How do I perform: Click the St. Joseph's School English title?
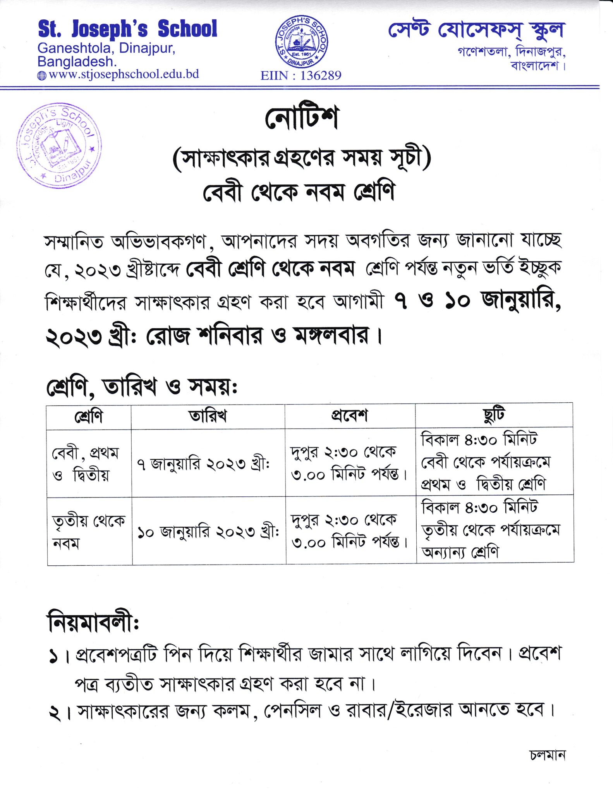pyautogui.click(x=127, y=29)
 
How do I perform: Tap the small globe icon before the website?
pyautogui.click(x=41, y=76)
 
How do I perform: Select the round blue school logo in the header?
pyautogui.click(x=301, y=42)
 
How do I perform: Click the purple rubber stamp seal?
pyautogui.click(x=59, y=146)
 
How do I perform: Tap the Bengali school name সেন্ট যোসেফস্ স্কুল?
pyautogui.click(x=476, y=31)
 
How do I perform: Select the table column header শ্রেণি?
pyautogui.click(x=89, y=417)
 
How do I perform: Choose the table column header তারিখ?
pyautogui.click(x=208, y=416)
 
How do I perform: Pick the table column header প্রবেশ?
pyautogui.click(x=349, y=415)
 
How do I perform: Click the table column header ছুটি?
pyautogui.click(x=494, y=415)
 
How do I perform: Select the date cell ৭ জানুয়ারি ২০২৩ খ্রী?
pyautogui.click(x=203, y=464)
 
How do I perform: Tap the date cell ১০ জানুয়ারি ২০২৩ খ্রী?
pyautogui.click(x=208, y=532)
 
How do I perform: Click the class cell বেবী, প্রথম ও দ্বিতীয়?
pyautogui.click(x=86, y=463)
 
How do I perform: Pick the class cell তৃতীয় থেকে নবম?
pyautogui.click(x=89, y=532)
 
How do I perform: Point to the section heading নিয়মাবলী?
pyautogui.click(x=93, y=623)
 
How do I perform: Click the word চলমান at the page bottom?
pyautogui.click(x=548, y=755)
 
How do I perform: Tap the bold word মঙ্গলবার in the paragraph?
pyautogui.click(x=331, y=336)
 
